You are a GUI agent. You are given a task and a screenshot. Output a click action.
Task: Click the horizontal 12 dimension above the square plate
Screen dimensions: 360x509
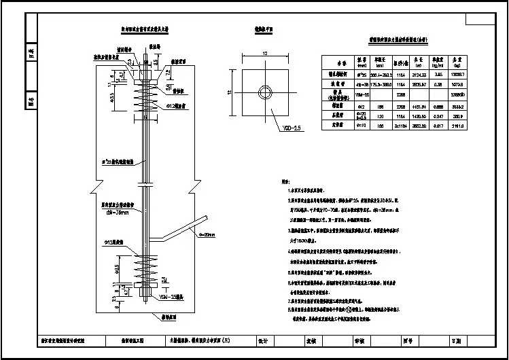[x=266, y=53]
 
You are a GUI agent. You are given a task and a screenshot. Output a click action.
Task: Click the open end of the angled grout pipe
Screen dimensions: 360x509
[x=203, y=217]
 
